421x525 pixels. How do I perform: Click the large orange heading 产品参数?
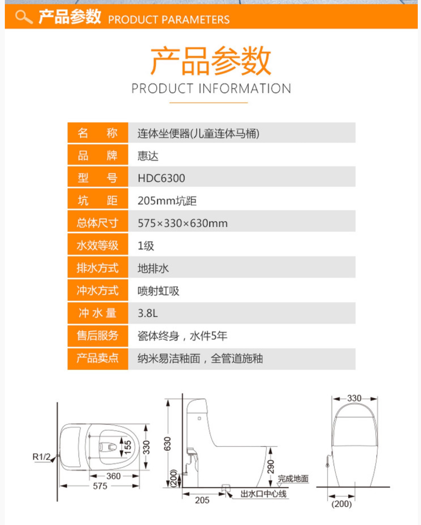210,61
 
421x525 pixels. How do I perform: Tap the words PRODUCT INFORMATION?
211,88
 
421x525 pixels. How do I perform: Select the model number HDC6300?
161,178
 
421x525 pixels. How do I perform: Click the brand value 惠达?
148,156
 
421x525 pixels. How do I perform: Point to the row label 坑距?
98,201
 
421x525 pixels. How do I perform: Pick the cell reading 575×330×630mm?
183,223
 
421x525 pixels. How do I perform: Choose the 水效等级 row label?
98,245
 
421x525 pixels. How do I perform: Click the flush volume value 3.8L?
148,313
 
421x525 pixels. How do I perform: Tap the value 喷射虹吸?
158,291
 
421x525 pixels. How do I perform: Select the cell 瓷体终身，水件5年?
182,336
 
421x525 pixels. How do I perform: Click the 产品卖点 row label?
98,358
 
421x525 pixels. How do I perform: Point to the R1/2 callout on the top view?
41,457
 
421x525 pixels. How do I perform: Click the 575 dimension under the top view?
100,486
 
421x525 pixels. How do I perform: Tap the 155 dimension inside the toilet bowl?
128,447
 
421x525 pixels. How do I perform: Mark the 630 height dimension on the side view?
168,443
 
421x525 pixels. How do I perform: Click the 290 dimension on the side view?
271,466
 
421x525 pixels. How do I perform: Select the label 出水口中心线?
264,494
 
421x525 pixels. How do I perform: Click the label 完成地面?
293,479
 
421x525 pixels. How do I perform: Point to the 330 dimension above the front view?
354,398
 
